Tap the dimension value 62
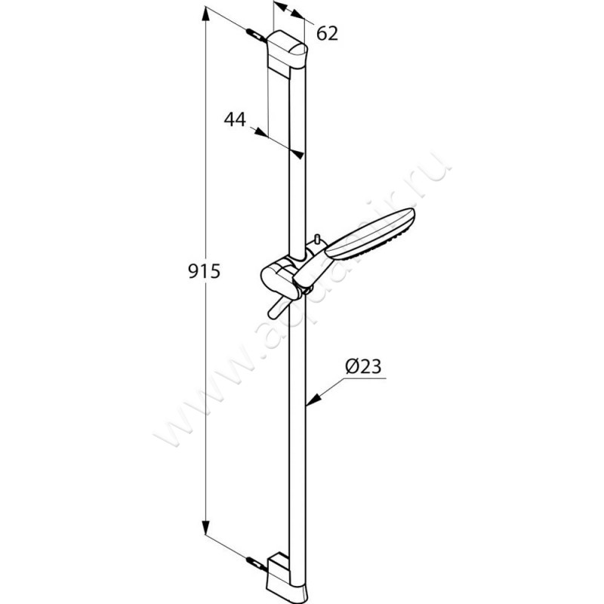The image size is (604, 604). pos(326,32)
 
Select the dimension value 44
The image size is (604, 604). pos(236,119)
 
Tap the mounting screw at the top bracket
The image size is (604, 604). pos(254,34)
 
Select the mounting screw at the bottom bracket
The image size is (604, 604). pos(254,562)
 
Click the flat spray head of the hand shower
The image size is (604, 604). pos(376,234)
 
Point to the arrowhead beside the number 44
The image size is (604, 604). pos(260,133)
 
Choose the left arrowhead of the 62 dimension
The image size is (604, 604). pos(278,6)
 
